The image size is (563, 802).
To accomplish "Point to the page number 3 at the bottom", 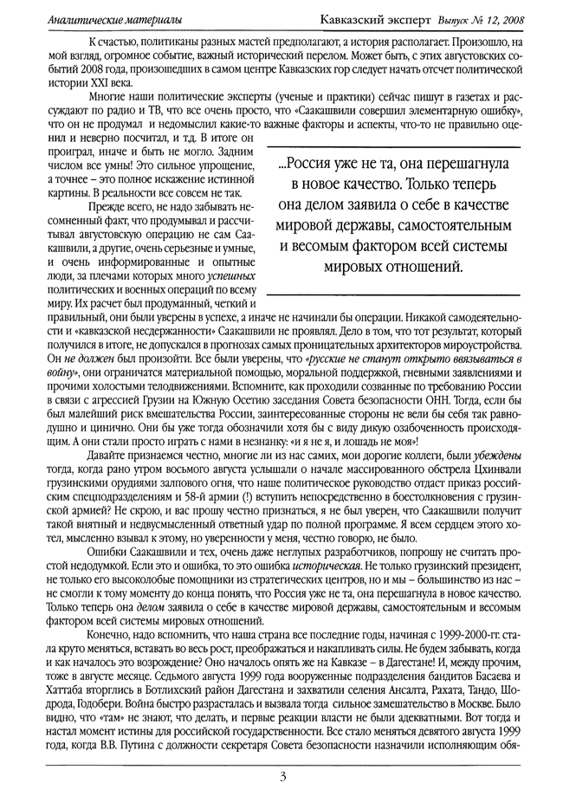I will point(282,773).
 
